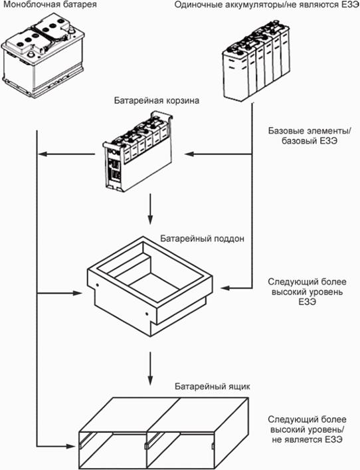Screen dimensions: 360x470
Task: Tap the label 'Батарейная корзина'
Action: pyautogui.click(x=156, y=100)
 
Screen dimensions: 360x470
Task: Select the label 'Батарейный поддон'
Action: pyautogui.click(x=202, y=238)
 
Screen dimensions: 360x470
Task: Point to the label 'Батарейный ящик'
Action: pyautogui.click(x=212, y=386)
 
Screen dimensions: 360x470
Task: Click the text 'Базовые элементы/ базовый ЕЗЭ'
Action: pyautogui.click(x=310, y=136)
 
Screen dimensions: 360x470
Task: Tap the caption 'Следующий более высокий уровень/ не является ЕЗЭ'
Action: pyautogui.click(x=308, y=429)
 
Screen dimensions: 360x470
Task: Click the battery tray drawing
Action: pyautogui.click(x=149, y=287)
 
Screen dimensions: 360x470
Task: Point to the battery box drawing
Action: pyautogui.click(x=163, y=433)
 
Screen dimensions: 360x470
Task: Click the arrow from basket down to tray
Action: pyautogui.click(x=150, y=209)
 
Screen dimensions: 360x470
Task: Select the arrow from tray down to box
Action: pyautogui.click(x=150, y=368)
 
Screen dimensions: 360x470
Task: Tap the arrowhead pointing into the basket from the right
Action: pyautogui.click(x=189, y=154)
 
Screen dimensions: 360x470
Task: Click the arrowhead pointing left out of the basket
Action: pyautogui.click(x=42, y=154)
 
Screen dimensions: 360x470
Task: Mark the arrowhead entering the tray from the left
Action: pyautogui.click(x=77, y=293)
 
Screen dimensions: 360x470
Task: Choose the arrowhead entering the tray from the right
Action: pyautogui.click(x=225, y=288)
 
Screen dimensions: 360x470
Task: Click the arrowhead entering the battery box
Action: pyautogui.click(x=70, y=446)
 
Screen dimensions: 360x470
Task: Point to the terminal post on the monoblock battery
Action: pyautogui.click(x=31, y=55)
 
